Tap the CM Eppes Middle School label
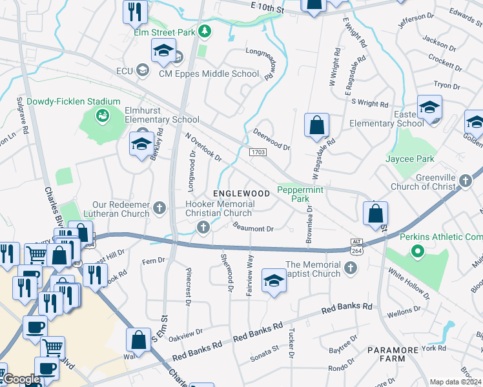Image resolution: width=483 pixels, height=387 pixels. click(x=209, y=74)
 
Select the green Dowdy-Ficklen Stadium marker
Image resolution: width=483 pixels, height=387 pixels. click(x=101, y=115)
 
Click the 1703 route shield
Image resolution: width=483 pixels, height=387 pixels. click(x=258, y=151)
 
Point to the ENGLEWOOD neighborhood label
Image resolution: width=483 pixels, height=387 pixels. click(x=241, y=193)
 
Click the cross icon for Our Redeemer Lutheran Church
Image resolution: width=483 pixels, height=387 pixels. click(x=161, y=208)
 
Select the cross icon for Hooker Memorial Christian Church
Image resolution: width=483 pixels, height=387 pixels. click(x=203, y=226)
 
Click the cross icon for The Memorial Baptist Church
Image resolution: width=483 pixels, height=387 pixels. click(x=351, y=268)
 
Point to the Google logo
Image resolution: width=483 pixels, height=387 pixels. click(x=23, y=379)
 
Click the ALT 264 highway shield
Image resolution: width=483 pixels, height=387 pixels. click(x=356, y=245)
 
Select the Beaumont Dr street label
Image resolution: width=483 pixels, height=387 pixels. click(x=254, y=228)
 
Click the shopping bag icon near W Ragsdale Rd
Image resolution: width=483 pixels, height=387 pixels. click(x=316, y=125)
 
